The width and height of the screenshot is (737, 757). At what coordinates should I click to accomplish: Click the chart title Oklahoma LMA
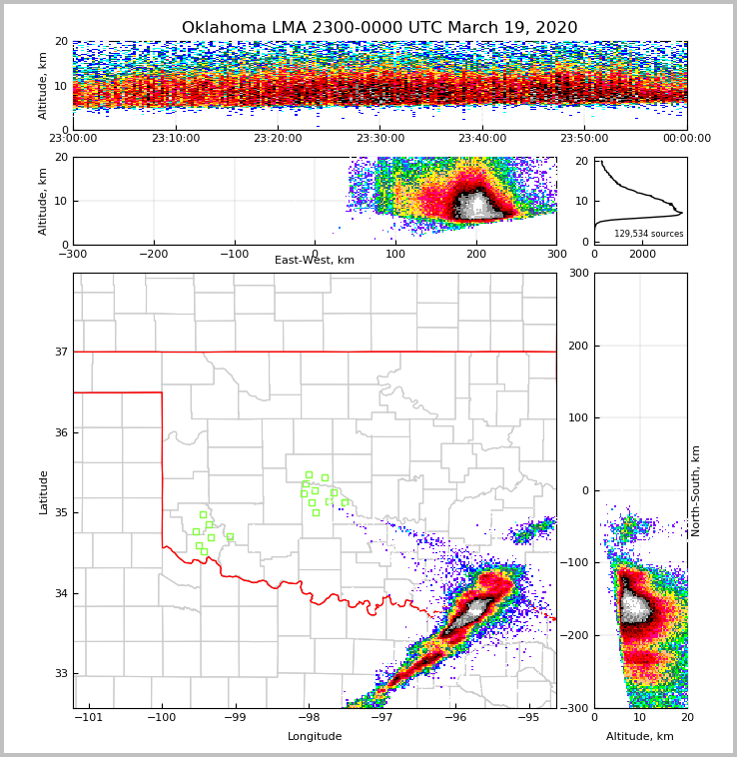pos(379,28)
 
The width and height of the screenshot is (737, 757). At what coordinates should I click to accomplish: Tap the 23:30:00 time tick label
pos(380,139)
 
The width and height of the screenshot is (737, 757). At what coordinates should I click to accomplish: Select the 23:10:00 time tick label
pos(176,139)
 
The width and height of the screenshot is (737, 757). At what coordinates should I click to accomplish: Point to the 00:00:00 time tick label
pos(686,139)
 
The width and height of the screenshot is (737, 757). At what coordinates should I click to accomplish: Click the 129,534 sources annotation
pos(649,234)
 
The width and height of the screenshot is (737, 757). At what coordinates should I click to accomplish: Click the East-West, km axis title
pos(315,261)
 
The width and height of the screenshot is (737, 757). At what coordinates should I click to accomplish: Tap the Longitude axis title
pos(315,737)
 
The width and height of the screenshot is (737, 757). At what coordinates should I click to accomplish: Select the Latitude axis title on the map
pos(43,491)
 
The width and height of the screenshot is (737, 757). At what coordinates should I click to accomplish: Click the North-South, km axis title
pos(696,490)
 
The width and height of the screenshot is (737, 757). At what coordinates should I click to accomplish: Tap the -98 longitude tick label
pos(309,718)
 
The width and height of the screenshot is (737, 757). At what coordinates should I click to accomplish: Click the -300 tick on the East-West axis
pos(73,255)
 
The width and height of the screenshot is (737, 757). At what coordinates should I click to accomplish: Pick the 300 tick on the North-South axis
pos(576,274)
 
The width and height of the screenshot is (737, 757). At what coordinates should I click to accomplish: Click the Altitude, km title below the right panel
pos(640,737)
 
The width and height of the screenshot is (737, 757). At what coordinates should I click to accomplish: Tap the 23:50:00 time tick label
pos(584,139)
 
